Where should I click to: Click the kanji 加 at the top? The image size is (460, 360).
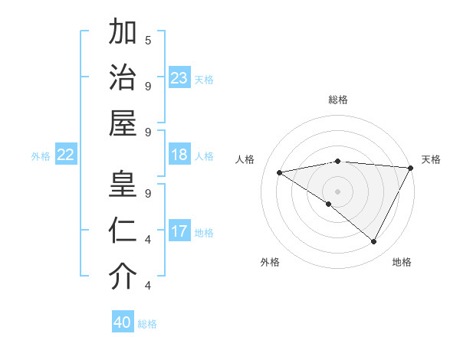coord(123,35)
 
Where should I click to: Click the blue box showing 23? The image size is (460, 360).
coord(179,77)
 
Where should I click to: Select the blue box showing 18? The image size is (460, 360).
coord(179,155)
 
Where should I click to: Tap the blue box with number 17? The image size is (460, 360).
coord(179,231)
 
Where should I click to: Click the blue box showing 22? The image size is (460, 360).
coord(66,155)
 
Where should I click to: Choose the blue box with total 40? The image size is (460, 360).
coord(123,322)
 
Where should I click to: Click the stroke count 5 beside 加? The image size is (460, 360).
coord(148,40)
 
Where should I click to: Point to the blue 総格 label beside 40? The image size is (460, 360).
coord(148,324)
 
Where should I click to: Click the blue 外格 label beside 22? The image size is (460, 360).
coord(41,156)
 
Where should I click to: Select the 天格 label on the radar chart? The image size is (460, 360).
coord(431,159)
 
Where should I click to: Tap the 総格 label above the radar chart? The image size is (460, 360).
coord(338,100)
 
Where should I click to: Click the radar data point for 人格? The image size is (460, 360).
coord(280,172)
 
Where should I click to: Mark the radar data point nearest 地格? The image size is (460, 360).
coord(374,242)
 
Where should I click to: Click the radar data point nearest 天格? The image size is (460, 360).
coord(411,168)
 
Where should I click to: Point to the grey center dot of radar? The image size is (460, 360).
coord(337,191)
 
